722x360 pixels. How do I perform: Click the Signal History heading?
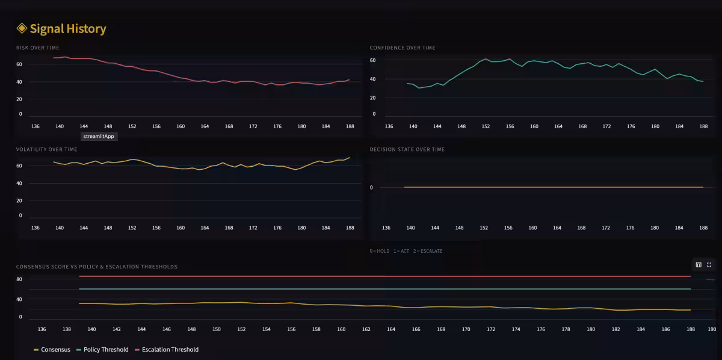(67, 28)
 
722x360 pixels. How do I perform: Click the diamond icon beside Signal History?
(22, 28)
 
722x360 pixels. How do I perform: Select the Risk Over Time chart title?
(37, 48)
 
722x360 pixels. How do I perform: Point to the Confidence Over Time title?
(403, 48)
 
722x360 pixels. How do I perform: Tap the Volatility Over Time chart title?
(46, 149)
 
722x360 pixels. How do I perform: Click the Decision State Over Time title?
(407, 149)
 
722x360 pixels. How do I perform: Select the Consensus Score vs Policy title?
(96, 267)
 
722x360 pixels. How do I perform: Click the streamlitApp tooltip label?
(99, 136)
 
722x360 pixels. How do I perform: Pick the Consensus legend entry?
(52, 349)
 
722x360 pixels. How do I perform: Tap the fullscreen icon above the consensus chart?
(709, 265)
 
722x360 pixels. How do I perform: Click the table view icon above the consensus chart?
(699, 265)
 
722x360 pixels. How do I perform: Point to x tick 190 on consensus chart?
(712, 329)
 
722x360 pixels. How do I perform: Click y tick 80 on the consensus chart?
(19, 279)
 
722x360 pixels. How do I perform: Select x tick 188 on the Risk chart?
(350, 126)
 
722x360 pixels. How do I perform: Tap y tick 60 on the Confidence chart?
(373, 61)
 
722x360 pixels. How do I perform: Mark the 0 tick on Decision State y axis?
(371, 187)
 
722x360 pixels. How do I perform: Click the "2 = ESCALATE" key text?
(428, 251)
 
